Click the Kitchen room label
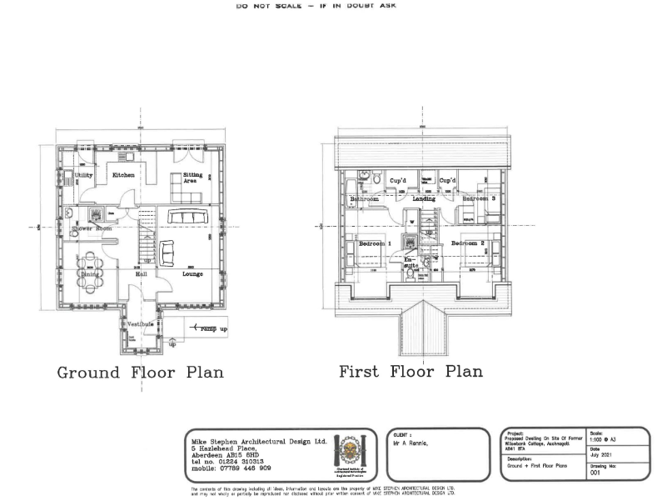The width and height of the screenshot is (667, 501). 123,176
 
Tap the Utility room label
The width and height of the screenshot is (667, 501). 83,176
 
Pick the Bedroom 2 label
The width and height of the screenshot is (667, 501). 469,243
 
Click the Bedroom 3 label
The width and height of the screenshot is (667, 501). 480,199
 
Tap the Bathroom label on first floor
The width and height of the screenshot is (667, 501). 365,199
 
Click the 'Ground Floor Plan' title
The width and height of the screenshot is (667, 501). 140,372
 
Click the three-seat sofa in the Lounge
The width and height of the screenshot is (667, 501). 192,217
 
